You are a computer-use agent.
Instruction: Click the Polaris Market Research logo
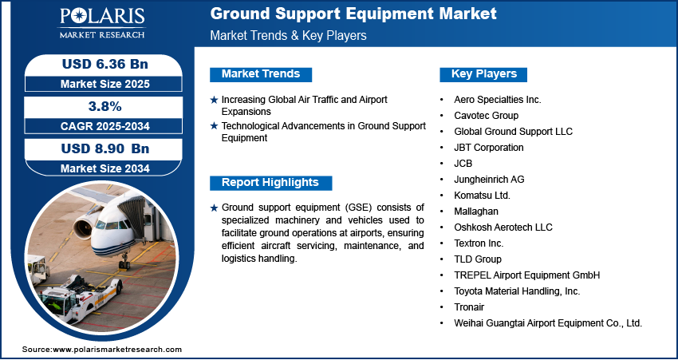pos(102,23)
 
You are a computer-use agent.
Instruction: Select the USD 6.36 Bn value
pos(105,64)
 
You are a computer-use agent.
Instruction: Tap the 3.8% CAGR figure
pos(104,106)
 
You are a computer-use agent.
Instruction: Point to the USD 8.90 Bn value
pos(105,148)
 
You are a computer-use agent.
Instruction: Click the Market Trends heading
pos(261,74)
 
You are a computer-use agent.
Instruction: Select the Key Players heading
pos(484,74)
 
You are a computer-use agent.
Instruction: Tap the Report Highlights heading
pos(270,183)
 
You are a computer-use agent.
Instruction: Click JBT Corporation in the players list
pos(489,148)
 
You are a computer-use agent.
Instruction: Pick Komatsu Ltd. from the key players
pos(482,195)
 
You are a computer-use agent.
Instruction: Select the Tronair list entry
pos(469,307)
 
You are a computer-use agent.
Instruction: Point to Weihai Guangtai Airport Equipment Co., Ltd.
pos(548,322)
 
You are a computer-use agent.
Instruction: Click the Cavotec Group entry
pos(486,116)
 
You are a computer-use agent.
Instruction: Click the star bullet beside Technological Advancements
pos(214,126)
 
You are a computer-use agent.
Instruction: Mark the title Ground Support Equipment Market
pos(353,14)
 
